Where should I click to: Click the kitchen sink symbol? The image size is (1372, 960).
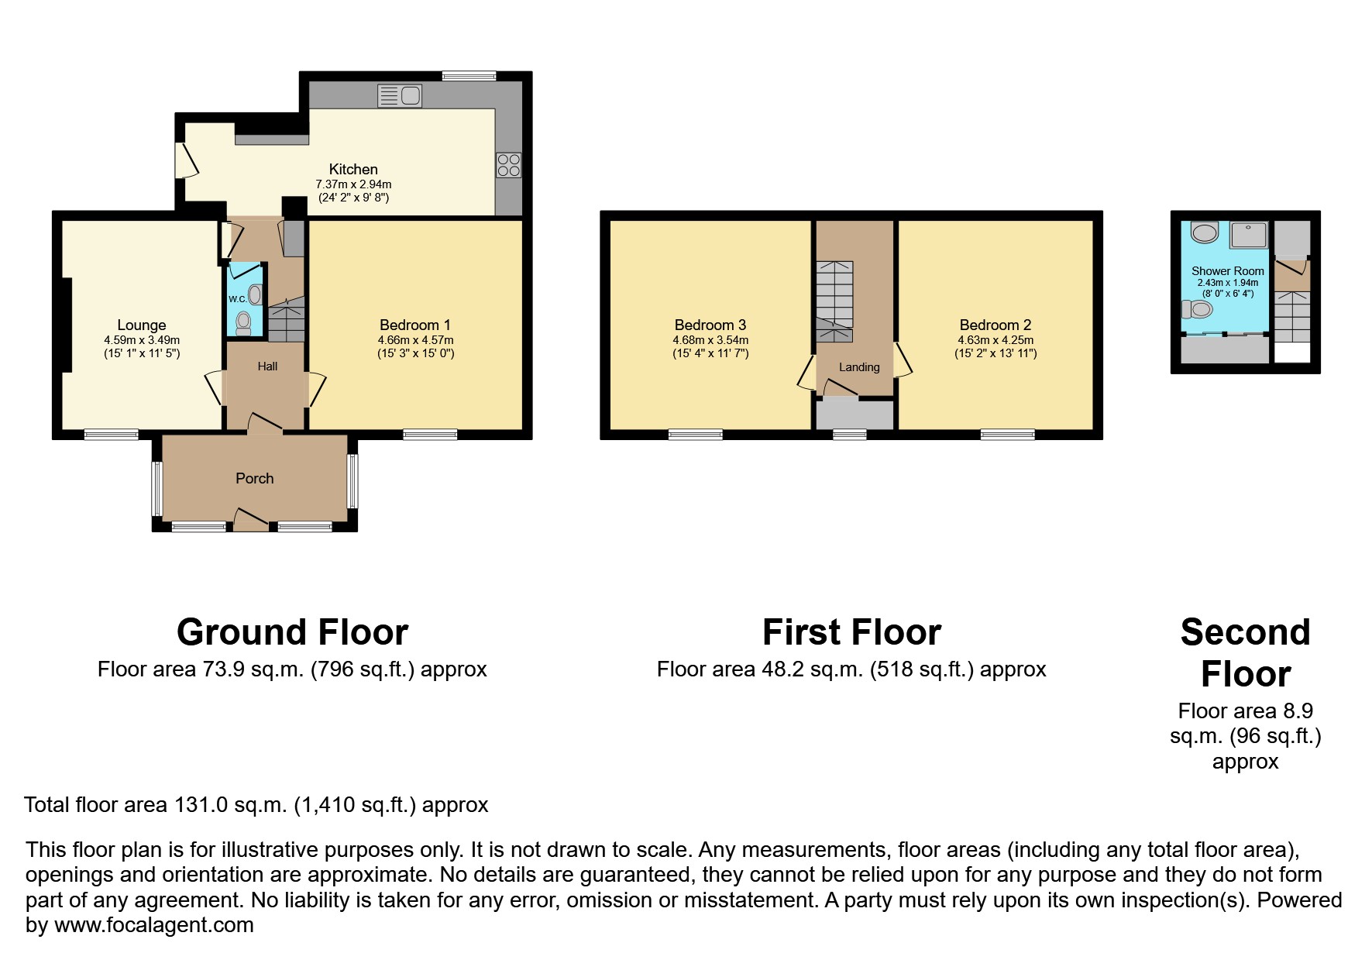(x=400, y=96)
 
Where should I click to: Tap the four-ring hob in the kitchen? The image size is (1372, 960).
(x=509, y=165)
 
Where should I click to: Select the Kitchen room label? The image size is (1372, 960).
(x=353, y=169)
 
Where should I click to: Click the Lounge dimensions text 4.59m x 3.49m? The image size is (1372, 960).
(x=142, y=339)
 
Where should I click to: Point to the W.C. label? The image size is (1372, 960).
(x=237, y=299)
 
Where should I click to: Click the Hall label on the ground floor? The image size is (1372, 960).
(x=267, y=366)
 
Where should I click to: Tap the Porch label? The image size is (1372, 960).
(x=255, y=478)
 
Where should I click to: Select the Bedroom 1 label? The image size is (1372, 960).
(x=415, y=325)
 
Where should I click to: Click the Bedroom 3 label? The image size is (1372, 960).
(x=710, y=325)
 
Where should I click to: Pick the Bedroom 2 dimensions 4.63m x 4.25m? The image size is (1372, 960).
(x=995, y=339)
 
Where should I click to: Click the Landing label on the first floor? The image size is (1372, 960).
(x=859, y=367)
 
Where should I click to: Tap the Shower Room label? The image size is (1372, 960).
(x=1228, y=271)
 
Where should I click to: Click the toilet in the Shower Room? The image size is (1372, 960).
(x=1197, y=310)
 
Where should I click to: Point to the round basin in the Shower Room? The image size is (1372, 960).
(x=1205, y=232)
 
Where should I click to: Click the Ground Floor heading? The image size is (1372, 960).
(x=293, y=632)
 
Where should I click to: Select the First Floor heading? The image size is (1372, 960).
(x=851, y=632)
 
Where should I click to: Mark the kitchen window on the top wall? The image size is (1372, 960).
(x=469, y=76)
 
